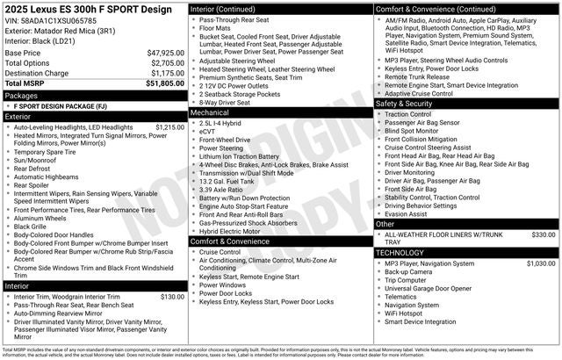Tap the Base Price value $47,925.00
click(x=165, y=53)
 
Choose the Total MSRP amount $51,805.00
click(x=165, y=83)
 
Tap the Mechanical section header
click(x=210, y=113)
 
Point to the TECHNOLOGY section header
click(x=400, y=252)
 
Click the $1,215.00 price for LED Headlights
click(x=169, y=126)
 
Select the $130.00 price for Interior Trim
click(x=172, y=297)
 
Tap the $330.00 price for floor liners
click(x=544, y=235)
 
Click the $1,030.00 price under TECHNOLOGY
click(x=541, y=263)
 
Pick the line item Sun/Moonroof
click(x=37, y=161)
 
